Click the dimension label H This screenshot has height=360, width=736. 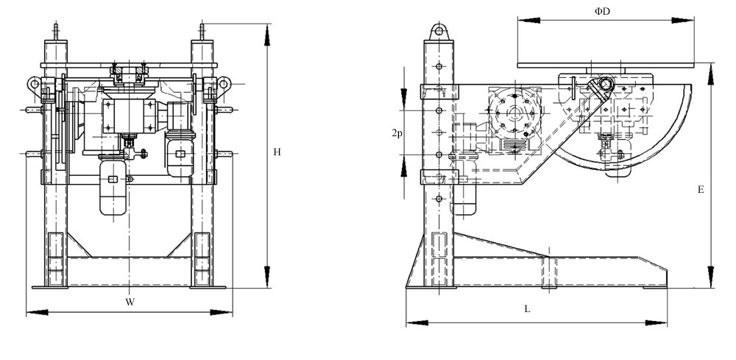277,152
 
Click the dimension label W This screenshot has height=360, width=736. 130,302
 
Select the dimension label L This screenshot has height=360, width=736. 527,309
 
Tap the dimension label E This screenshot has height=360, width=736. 701,190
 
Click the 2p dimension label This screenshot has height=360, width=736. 397,133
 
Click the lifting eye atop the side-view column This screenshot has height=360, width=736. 439,31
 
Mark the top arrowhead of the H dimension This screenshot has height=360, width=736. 267,28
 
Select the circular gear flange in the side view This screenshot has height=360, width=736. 512,116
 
